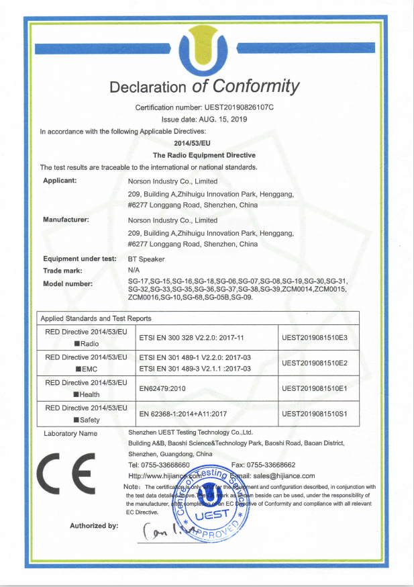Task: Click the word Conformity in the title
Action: (254, 86)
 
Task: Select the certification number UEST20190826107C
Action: (240, 107)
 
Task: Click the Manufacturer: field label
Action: (66, 220)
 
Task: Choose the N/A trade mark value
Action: (133, 269)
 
